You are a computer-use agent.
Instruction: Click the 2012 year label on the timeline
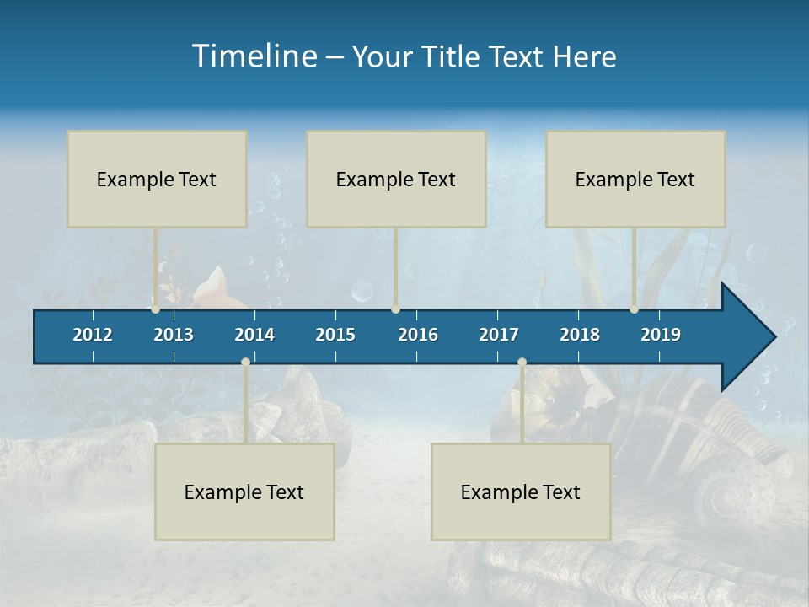(93, 335)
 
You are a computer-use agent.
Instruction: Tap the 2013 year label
(174, 335)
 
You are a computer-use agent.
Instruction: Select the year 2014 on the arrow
(254, 335)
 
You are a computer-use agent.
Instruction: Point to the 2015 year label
(335, 335)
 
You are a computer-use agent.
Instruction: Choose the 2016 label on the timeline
(418, 335)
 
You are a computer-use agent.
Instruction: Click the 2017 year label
(499, 335)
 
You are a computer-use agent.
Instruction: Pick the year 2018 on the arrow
(580, 335)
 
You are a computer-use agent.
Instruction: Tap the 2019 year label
(661, 335)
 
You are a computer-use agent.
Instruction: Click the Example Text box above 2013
(157, 179)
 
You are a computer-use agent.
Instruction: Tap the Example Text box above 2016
(396, 179)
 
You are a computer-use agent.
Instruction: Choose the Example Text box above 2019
(635, 179)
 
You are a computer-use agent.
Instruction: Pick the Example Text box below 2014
(244, 492)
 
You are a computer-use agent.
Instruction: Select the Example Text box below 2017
(521, 492)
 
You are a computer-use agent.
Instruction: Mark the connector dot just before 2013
(155, 309)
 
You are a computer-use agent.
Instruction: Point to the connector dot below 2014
(245, 362)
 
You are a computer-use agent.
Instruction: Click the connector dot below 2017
(522, 362)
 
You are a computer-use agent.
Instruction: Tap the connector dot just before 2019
(634, 309)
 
